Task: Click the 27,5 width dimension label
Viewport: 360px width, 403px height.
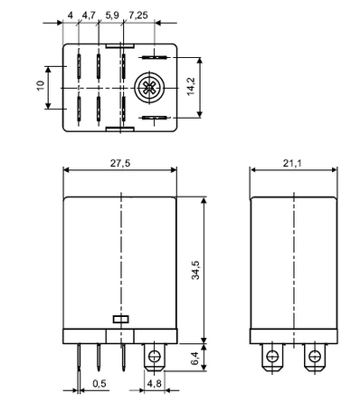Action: [x=120, y=163]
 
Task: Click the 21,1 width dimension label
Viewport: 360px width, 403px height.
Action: [x=292, y=163]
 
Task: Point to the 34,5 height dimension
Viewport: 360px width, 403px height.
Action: [x=195, y=270]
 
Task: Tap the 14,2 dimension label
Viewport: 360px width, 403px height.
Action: [x=191, y=87]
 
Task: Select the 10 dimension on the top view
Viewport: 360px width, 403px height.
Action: [x=41, y=85]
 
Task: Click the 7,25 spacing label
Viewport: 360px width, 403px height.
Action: [x=138, y=15]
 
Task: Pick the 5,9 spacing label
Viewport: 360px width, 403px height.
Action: [x=112, y=15]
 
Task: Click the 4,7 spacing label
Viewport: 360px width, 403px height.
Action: [x=89, y=15]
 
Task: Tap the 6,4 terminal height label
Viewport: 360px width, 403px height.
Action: [x=195, y=358]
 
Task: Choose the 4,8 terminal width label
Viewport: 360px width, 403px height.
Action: [x=155, y=383]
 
